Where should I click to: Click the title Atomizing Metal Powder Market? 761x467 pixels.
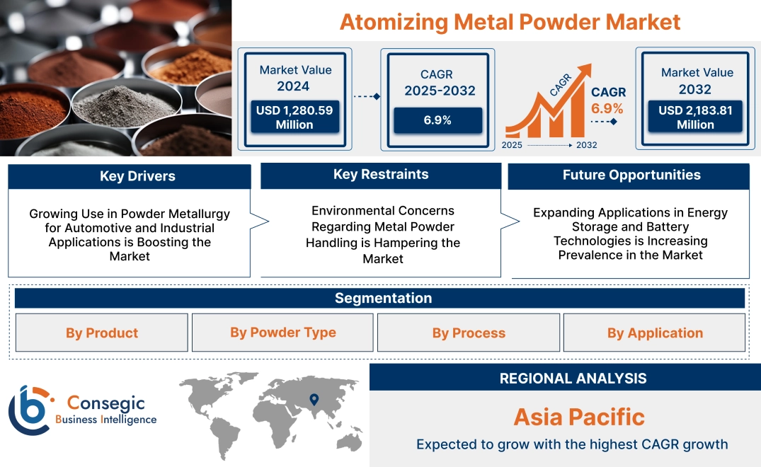click(x=510, y=22)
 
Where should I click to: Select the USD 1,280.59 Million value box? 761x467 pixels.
click(x=294, y=117)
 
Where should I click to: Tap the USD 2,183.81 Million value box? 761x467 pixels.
click(x=695, y=117)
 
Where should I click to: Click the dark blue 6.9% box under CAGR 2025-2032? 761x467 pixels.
click(x=437, y=120)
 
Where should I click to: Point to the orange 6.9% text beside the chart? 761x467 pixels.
click(x=607, y=108)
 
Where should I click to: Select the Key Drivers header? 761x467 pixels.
click(x=130, y=177)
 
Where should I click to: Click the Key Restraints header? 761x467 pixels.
click(x=381, y=175)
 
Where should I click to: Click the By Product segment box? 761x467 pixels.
click(x=102, y=333)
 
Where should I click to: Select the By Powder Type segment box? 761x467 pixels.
click(x=282, y=333)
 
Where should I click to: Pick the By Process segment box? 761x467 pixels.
click(x=469, y=333)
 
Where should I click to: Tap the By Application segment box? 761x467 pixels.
click(x=655, y=333)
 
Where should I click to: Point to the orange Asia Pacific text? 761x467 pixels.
click(x=579, y=417)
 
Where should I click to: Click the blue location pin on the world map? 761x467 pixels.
click(x=315, y=401)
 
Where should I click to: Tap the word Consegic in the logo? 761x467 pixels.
click(x=105, y=403)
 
